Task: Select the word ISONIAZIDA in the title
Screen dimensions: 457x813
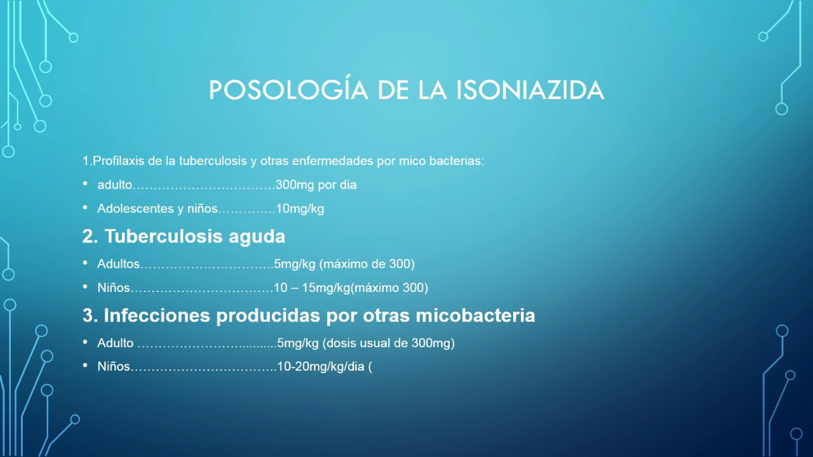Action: click(x=530, y=90)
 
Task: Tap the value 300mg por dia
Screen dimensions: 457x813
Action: click(x=316, y=185)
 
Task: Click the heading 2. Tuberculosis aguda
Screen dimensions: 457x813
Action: click(x=184, y=237)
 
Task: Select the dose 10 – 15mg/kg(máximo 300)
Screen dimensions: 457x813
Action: click(x=351, y=288)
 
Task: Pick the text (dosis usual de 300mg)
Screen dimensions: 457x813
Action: click(x=389, y=343)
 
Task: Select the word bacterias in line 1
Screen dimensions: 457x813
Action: click(x=457, y=161)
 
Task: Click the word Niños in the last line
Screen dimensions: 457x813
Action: click(x=113, y=367)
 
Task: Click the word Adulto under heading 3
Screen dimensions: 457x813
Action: click(x=115, y=343)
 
